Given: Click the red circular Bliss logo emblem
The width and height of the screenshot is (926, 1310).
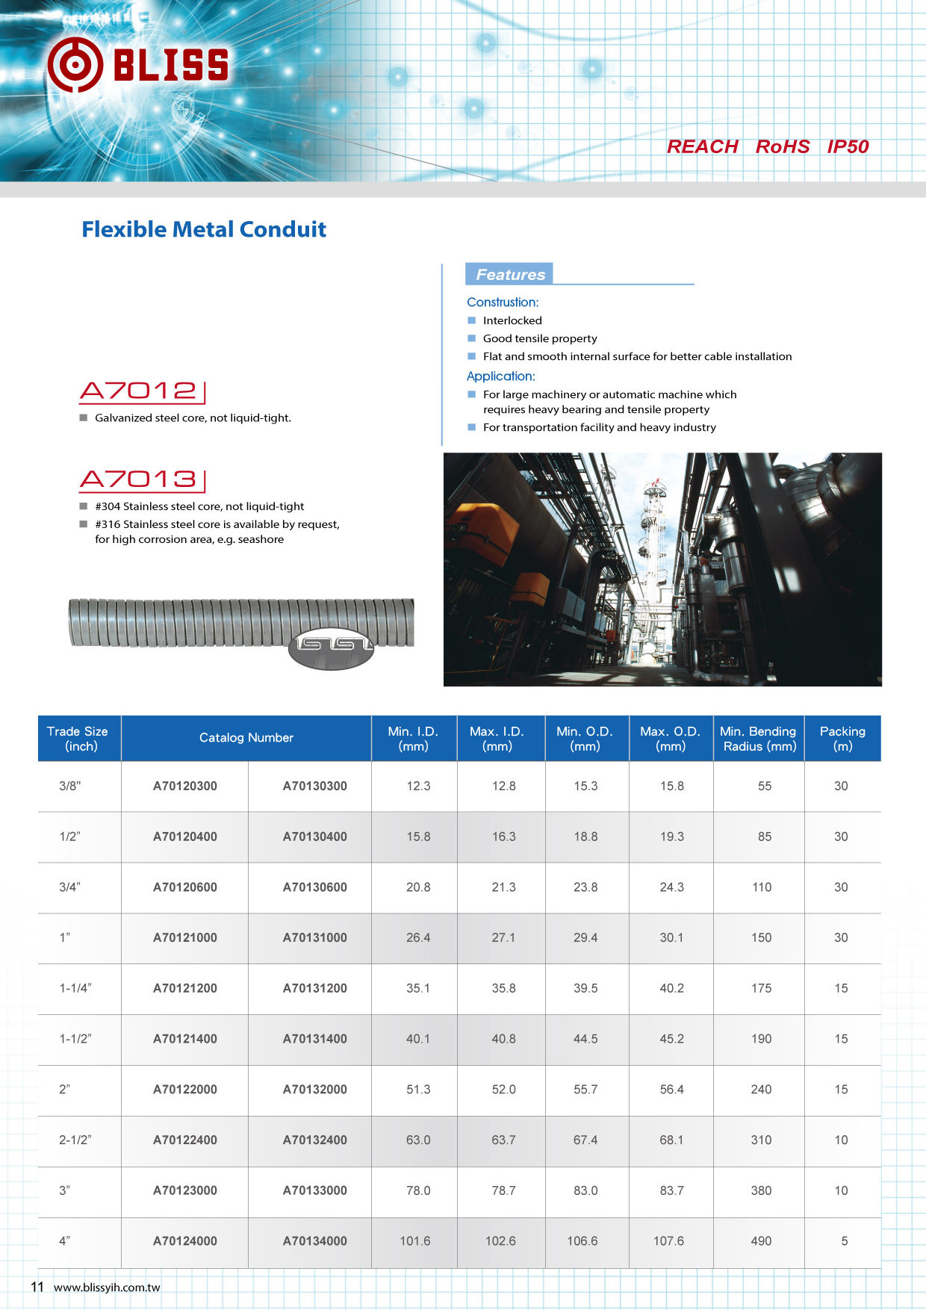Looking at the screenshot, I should (75, 65).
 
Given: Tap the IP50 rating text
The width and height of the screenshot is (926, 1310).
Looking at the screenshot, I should (848, 146).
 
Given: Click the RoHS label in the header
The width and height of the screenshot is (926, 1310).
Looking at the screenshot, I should (782, 146).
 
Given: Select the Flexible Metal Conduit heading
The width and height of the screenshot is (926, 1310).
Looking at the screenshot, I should (204, 229).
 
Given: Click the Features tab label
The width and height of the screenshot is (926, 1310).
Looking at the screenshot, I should (510, 274).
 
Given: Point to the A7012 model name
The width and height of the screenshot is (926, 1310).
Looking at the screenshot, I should (139, 391).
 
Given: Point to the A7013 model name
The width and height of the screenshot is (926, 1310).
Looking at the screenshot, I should (139, 479).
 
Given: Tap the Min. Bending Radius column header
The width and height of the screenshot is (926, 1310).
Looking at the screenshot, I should (758, 739).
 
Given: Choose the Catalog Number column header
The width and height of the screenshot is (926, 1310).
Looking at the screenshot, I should (246, 738).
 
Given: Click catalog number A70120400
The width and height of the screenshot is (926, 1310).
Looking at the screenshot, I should (184, 836).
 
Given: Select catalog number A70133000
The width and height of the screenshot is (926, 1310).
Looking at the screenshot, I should (314, 1191).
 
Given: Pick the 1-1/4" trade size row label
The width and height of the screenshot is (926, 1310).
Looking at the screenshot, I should (75, 988).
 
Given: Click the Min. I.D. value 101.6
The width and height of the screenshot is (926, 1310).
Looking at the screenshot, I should (415, 1241).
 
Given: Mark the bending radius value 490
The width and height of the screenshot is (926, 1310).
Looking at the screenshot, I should (761, 1241).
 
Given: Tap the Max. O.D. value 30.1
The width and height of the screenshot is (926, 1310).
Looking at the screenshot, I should (671, 937).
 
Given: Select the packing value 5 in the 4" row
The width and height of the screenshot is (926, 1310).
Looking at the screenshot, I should (844, 1241).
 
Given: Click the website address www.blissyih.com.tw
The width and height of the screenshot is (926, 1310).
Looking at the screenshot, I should (107, 1287).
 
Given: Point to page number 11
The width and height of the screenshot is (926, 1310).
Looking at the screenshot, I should (37, 1286).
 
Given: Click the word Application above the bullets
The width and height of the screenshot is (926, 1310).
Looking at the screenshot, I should (500, 376).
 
